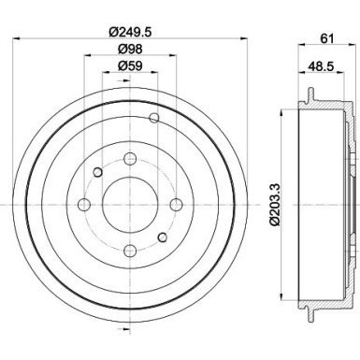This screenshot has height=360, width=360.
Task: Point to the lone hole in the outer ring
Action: click(155, 118)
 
